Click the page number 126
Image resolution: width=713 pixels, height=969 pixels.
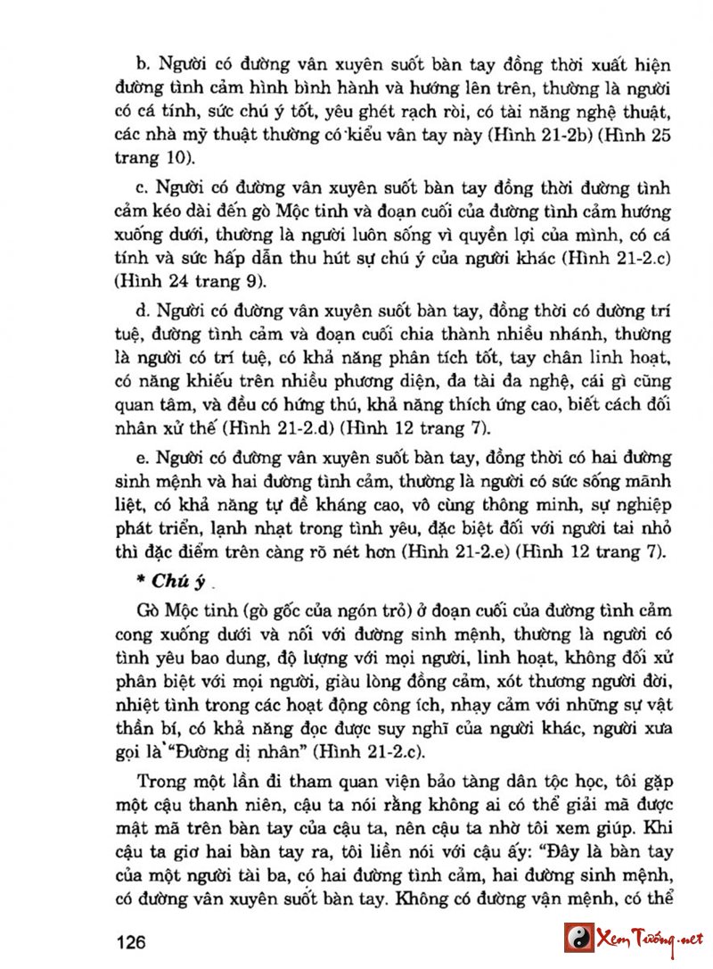click(130, 942)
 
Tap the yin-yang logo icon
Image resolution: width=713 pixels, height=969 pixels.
click(579, 938)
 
